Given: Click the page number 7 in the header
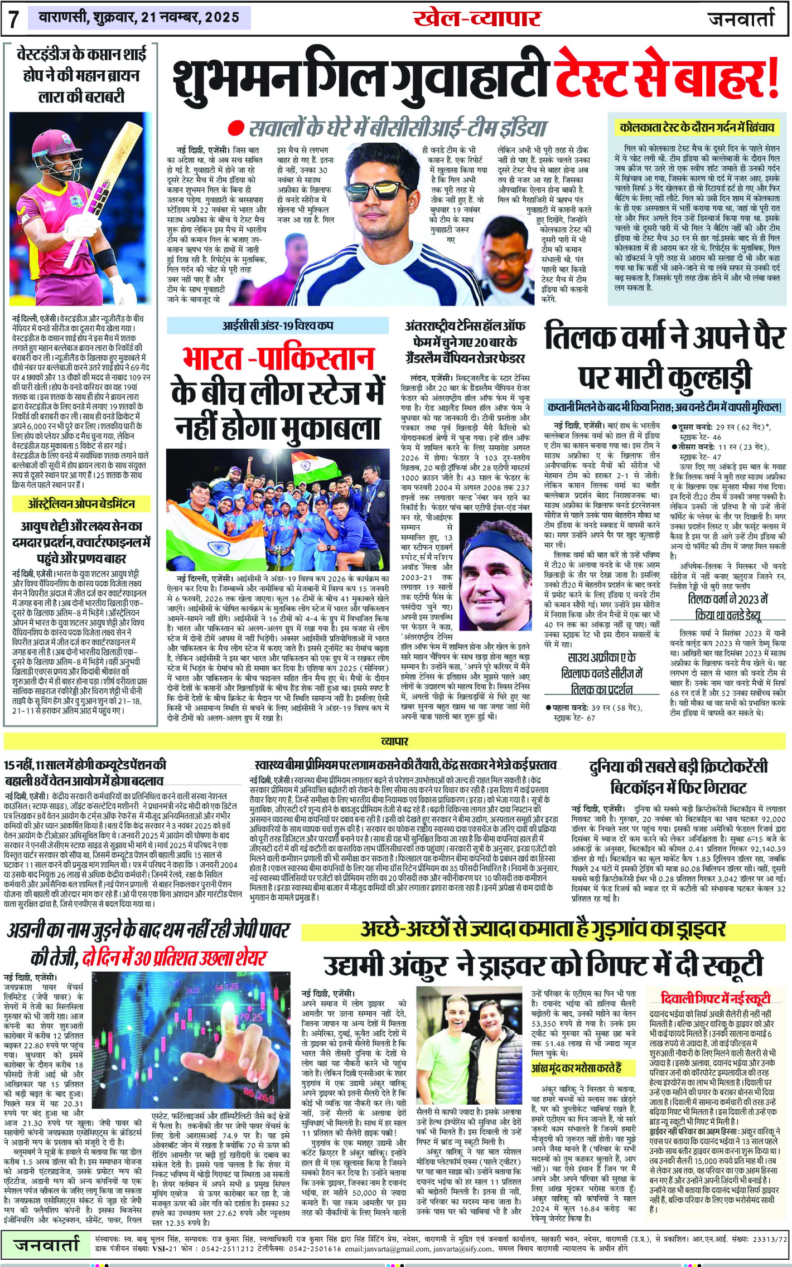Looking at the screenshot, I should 13,19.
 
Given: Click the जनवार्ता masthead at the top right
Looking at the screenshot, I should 741,19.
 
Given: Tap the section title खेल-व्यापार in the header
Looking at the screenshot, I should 477,18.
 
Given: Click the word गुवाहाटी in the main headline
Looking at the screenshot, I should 469,77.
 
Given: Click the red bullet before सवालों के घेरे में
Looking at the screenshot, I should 238,128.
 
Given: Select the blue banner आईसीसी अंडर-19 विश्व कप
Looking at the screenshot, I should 278,326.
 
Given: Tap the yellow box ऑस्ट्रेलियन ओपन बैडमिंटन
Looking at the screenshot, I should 81,504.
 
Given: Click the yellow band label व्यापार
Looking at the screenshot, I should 394,741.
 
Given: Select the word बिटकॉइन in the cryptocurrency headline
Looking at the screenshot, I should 647,788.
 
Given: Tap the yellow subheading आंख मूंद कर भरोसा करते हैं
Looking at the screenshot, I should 576,1068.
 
